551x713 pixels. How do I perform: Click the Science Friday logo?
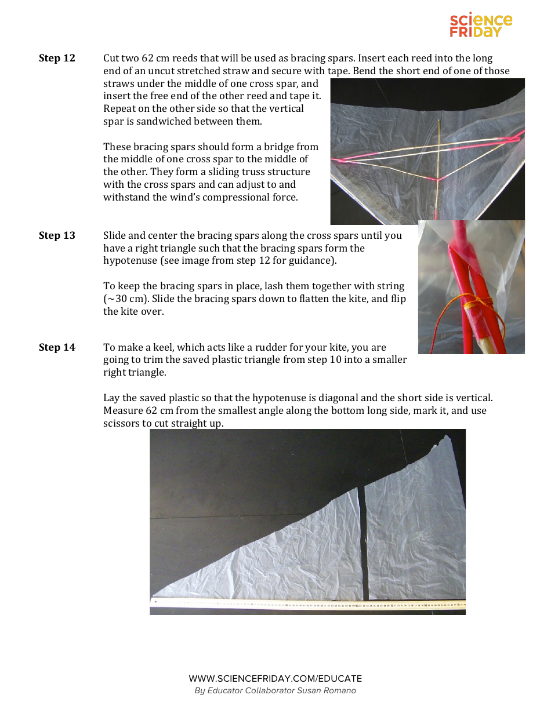481,26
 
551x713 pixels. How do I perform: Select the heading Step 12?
57,58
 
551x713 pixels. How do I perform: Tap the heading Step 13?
57,235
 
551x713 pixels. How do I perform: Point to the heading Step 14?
57,347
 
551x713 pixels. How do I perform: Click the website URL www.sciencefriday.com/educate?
275,678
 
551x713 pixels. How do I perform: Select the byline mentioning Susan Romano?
275,690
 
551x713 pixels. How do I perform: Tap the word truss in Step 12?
252,172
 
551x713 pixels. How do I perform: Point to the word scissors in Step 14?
122,423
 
